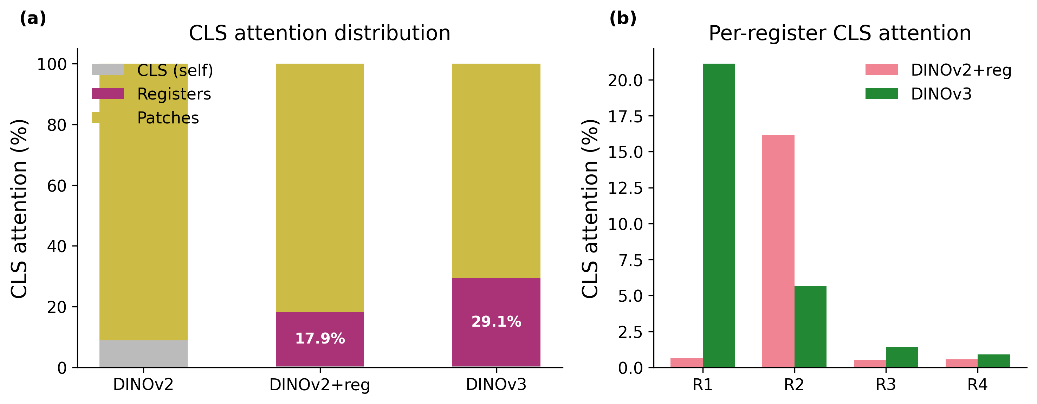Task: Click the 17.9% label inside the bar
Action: (320, 338)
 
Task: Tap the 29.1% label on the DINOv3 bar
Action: (496, 321)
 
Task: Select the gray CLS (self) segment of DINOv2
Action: (143, 354)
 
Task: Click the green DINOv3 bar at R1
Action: (718, 216)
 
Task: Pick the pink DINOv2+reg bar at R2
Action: (778, 251)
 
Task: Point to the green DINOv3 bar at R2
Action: (810, 326)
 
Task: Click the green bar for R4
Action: (993, 361)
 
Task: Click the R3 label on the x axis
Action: (886, 385)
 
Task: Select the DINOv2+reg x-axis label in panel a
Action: (320, 385)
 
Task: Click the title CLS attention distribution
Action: (320, 33)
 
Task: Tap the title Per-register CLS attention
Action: (840, 33)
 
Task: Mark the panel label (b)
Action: (622, 18)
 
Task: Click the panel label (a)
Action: (33, 18)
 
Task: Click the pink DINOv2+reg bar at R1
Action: (686, 363)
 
